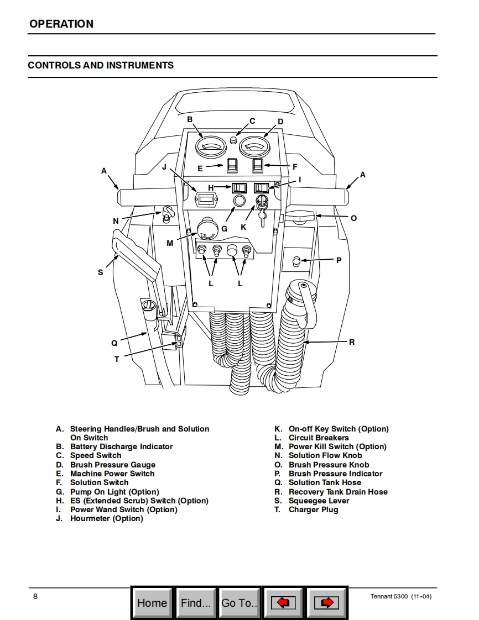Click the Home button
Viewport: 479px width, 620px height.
coord(152,602)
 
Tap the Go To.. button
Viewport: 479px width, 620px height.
coord(239,602)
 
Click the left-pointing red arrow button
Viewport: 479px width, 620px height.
coord(283,602)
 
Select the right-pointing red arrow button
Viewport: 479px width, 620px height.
coord(326,602)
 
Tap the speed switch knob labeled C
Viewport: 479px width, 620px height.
coord(234,141)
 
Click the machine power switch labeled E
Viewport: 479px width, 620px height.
coord(232,165)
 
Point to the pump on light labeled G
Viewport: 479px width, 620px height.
coord(239,202)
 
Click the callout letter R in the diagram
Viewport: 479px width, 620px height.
coord(352,342)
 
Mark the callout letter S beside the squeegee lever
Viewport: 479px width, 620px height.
coord(100,272)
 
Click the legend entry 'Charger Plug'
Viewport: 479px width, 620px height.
coord(313,509)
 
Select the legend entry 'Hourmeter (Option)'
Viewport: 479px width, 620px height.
coord(106,518)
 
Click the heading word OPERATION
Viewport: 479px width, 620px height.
coord(61,24)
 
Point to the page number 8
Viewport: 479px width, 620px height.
coord(35,596)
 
